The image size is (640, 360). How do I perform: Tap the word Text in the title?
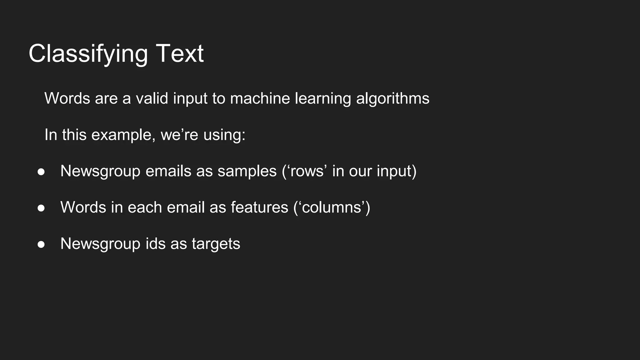click(180, 54)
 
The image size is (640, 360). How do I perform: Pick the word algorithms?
click(392, 98)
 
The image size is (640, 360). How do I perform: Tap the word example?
click(123, 135)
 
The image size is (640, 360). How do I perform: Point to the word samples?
click(247, 171)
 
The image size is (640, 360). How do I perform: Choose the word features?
click(259, 207)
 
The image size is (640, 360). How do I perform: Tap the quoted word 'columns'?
click(332, 207)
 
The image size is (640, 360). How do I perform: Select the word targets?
click(216, 244)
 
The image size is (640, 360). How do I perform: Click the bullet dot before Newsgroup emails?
click(41, 172)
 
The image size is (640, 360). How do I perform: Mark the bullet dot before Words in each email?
click(41, 208)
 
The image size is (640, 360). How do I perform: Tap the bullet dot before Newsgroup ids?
click(41, 244)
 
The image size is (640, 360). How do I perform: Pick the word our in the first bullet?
click(360, 171)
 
